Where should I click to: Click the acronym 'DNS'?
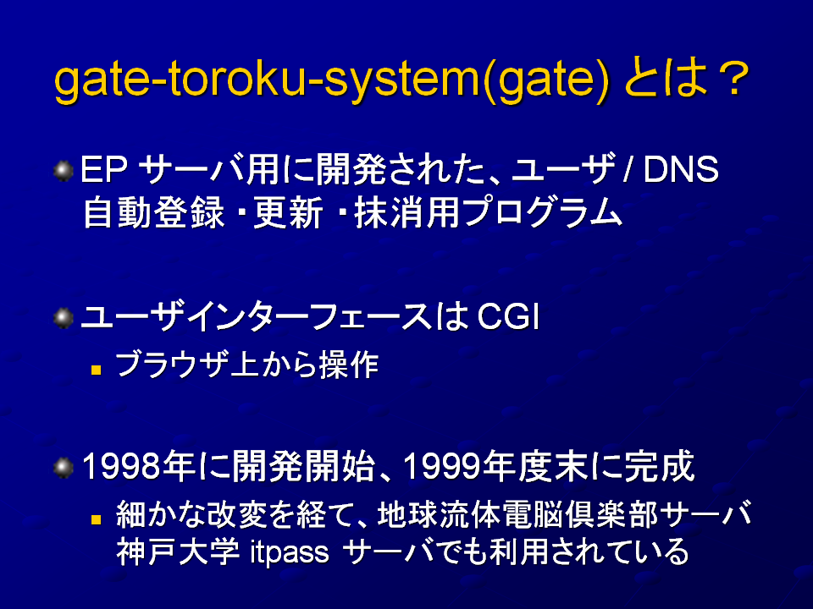tap(680, 169)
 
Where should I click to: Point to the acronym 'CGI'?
tap(507, 317)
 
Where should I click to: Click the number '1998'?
tap(121, 466)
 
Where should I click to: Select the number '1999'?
tap(442, 466)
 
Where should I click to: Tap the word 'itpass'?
tap(290, 553)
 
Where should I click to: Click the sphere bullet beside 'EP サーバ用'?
tap(64, 171)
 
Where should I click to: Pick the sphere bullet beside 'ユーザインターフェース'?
tap(64, 318)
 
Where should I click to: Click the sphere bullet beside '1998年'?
tap(64, 468)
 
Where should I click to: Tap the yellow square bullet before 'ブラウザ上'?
tap(96, 370)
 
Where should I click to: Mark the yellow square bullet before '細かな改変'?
tap(96, 518)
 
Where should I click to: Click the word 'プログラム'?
tap(542, 213)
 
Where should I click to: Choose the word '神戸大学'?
tap(177, 552)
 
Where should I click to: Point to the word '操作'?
tap(348, 365)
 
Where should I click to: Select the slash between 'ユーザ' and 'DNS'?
tap(628, 169)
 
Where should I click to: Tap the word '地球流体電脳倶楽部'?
tap(518, 514)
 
